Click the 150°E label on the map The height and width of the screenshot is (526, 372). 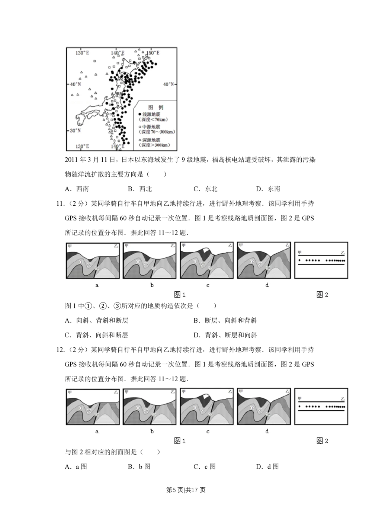click(x=153, y=53)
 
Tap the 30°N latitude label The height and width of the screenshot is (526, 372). click(x=76, y=131)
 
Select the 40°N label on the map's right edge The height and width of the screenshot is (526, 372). click(x=169, y=84)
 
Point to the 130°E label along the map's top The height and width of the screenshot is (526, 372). click(x=82, y=53)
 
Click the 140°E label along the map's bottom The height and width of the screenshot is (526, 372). click(x=118, y=147)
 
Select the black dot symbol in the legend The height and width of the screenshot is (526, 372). click(x=139, y=114)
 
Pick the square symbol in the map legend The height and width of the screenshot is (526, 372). click(x=139, y=127)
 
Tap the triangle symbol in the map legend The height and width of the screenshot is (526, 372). click(x=139, y=139)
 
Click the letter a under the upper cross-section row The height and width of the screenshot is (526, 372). click(x=97, y=285)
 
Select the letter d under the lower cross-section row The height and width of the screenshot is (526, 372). click(x=267, y=432)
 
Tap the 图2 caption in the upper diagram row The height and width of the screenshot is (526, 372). click(x=322, y=295)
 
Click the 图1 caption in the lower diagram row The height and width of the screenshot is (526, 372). click(x=180, y=441)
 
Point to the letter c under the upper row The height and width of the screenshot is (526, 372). click(x=208, y=285)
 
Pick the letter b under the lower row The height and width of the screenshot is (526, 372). click(x=152, y=432)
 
